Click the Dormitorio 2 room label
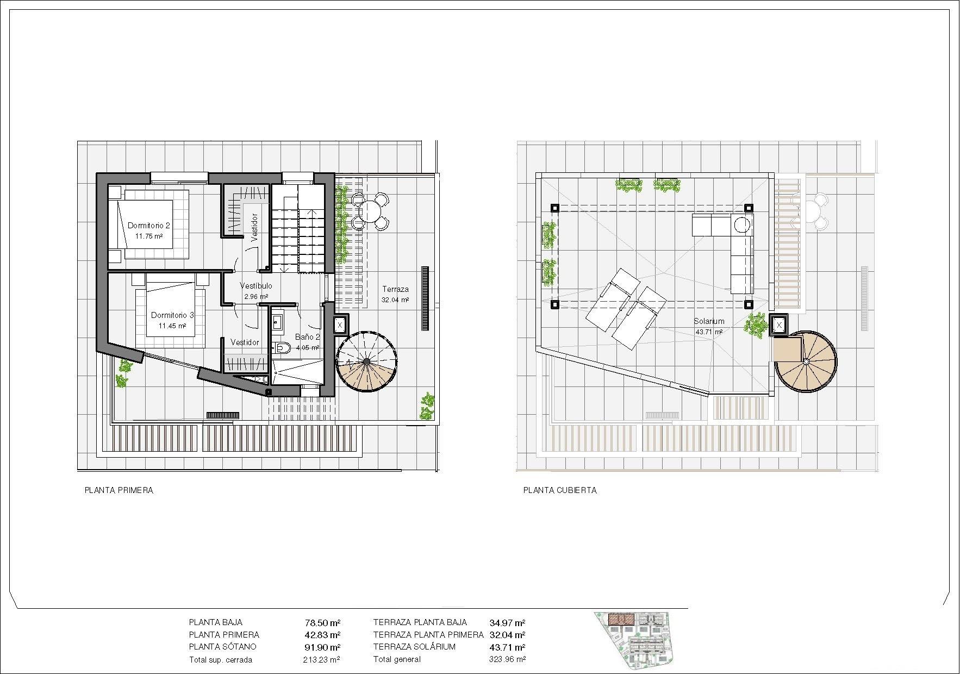click(149, 225)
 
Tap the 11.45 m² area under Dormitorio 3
click(172, 326)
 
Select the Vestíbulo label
click(255, 286)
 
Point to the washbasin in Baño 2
click(277, 322)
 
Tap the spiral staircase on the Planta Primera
click(367, 361)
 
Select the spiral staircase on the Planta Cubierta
click(806, 361)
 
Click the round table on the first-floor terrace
click(371, 212)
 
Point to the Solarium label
click(709, 321)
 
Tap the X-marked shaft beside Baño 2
click(340, 325)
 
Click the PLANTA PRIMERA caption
click(119, 490)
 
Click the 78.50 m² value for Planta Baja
click(322, 623)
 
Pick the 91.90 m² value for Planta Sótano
click(322, 647)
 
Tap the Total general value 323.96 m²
click(507, 660)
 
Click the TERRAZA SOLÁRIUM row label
click(414, 647)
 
